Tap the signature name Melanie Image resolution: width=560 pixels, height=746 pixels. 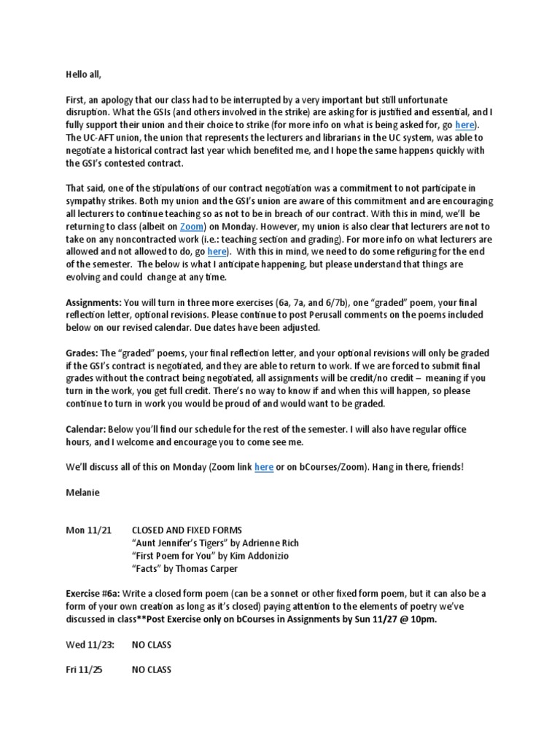click(x=82, y=492)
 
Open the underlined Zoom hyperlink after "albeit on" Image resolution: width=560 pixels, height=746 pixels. click(x=192, y=227)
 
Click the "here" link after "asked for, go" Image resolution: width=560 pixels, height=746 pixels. click(x=464, y=125)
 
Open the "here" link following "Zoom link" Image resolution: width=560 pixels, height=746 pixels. click(x=263, y=467)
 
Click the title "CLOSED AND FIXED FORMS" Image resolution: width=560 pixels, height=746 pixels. click(x=187, y=530)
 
